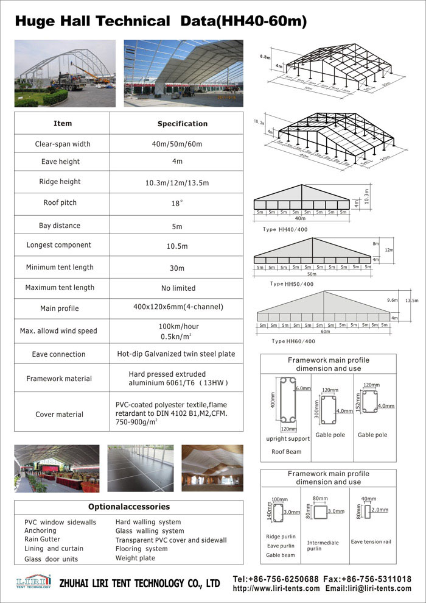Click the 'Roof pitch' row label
60,203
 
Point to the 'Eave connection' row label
58,354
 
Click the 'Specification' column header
183,124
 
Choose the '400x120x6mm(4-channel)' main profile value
178,307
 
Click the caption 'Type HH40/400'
285,229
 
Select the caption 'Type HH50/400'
292,284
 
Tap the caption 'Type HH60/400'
293,341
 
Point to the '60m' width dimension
326,332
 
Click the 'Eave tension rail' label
371,541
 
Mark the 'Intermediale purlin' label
323,546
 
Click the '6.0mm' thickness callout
303,388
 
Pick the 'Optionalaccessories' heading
129,507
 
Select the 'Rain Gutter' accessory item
42,540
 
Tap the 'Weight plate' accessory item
135,558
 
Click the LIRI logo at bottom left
32,582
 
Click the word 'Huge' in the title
35,21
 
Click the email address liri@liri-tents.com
369,588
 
